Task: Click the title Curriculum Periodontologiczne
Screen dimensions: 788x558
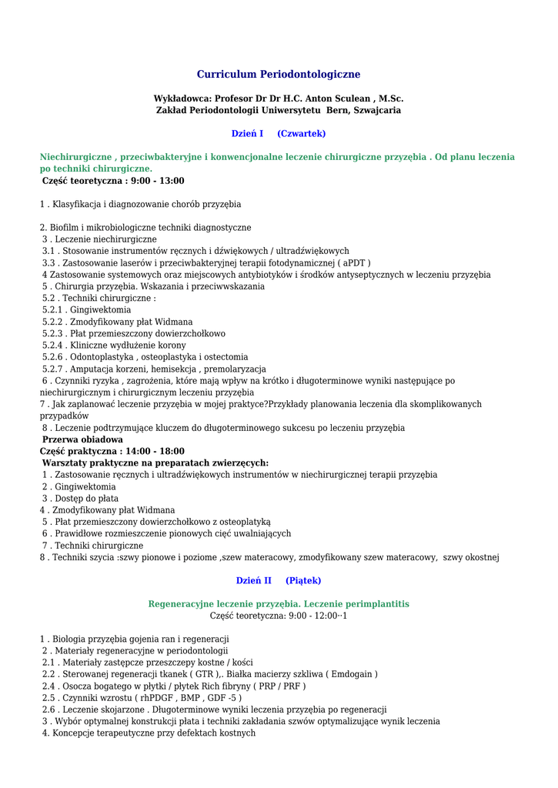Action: coord(279,75)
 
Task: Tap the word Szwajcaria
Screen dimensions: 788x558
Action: coord(377,110)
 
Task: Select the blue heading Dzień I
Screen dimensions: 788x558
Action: coord(247,133)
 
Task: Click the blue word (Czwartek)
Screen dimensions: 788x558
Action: coord(301,133)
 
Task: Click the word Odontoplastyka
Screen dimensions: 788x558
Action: coord(100,356)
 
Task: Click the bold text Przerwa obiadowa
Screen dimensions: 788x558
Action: coord(82,439)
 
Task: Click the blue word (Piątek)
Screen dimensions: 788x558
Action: coord(303,580)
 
